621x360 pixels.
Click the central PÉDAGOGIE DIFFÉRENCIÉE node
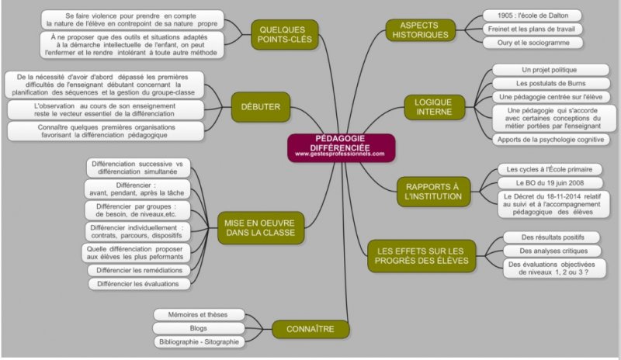[x=341, y=145]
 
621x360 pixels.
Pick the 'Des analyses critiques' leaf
[x=548, y=251]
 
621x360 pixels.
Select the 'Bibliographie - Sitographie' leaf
[x=199, y=341]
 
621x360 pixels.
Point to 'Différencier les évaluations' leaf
[x=138, y=284]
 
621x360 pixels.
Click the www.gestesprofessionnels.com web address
[x=340, y=154]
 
